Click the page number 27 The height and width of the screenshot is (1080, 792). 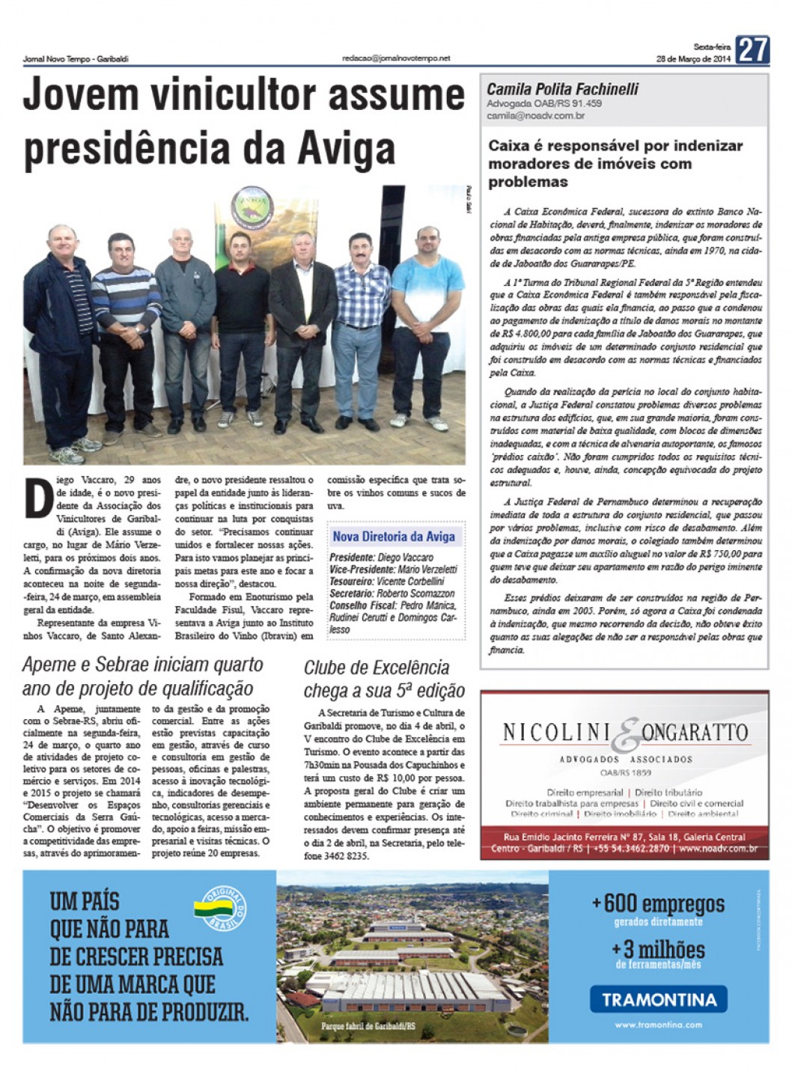pos(752,50)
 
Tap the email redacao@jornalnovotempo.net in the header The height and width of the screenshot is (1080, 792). pos(396,58)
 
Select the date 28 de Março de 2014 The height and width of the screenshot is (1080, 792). pos(692,59)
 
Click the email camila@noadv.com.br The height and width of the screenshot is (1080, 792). pos(535,116)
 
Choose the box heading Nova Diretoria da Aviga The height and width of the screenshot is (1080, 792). pos(394,536)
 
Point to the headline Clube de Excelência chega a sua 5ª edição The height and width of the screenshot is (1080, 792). pos(384,678)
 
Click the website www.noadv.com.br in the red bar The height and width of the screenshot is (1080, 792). pos(718,849)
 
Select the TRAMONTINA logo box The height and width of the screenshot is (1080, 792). pos(659,998)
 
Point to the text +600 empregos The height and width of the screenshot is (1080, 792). pos(658,903)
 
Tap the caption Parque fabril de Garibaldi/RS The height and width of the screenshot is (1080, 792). pos(368,1026)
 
